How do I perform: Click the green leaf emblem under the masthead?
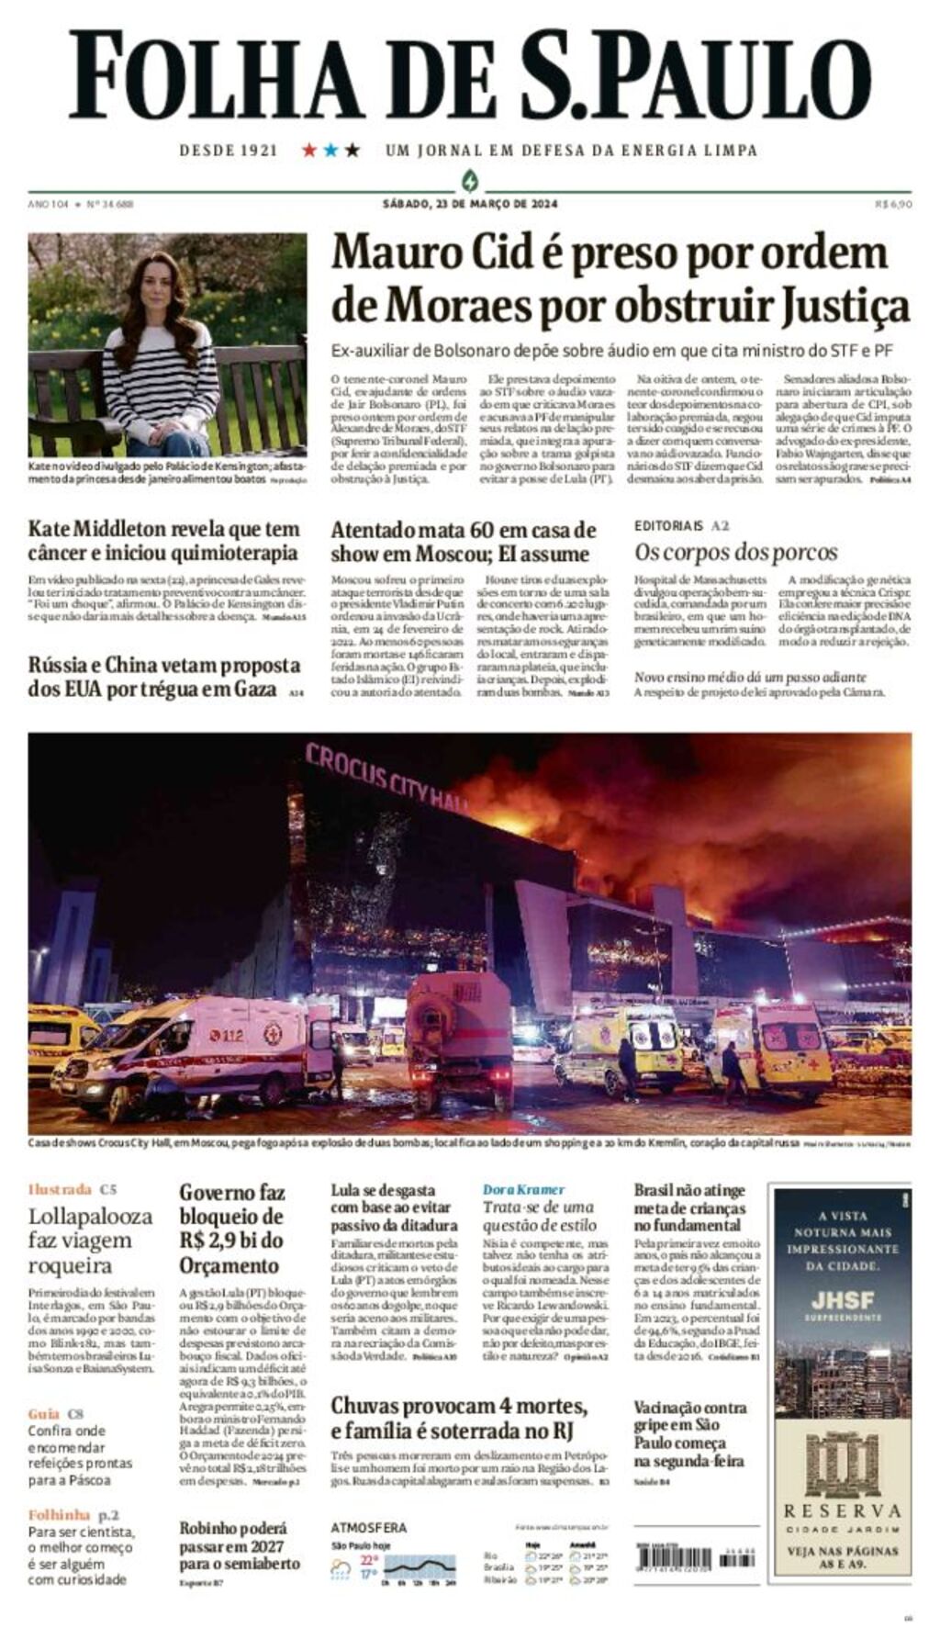470,180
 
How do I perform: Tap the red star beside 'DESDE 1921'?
309,150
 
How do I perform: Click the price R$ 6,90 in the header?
893,204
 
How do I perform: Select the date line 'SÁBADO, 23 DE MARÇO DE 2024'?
470,204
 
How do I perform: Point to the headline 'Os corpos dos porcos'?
736,552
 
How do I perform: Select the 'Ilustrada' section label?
60,1189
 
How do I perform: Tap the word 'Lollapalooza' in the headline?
90,1217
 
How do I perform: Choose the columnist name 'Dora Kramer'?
523,1189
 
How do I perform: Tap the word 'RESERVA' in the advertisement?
843,1510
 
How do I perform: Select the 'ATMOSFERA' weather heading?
368,1528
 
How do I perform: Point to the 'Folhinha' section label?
60,1514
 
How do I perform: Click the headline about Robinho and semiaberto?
239,1545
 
